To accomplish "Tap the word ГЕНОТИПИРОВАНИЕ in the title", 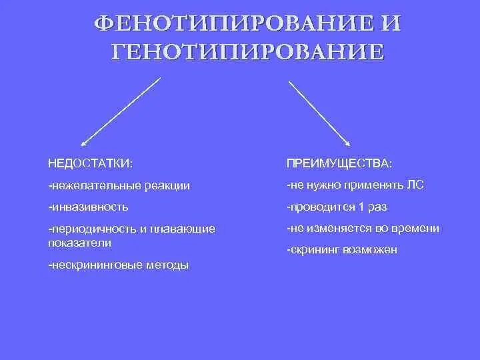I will coord(247,52).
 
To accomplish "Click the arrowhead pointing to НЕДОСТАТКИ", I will coord(83,143).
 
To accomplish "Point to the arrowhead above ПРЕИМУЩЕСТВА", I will coord(348,142).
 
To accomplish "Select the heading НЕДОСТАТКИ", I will coord(89,163).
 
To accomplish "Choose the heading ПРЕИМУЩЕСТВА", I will coord(339,163).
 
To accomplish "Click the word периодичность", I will coord(93,229).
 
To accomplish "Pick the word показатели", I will coord(75,242).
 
